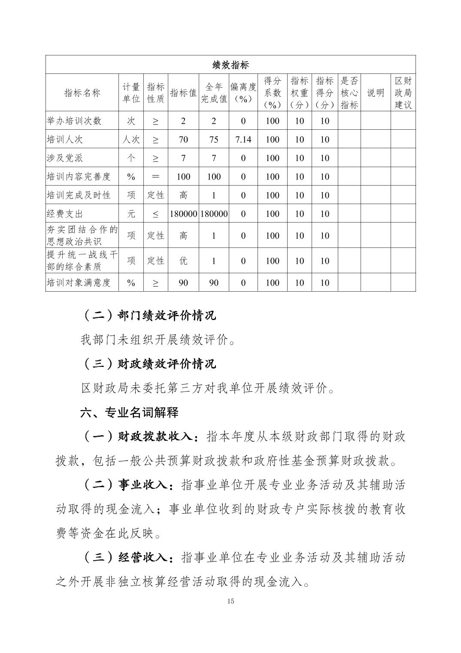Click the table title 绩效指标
click(x=230, y=65)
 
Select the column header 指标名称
click(x=82, y=93)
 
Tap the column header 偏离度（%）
click(x=243, y=93)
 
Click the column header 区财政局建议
click(x=403, y=93)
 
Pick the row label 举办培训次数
click(x=74, y=121)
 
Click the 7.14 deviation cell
click(x=243, y=140)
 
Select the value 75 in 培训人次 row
click(x=214, y=140)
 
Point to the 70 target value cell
click(x=183, y=140)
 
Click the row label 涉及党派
click(x=65, y=158)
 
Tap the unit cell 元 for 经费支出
click(x=131, y=214)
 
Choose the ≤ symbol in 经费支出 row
click(x=155, y=214)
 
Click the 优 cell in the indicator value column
click(x=183, y=261)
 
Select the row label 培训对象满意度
click(x=79, y=283)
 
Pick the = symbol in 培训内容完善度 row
click(x=155, y=177)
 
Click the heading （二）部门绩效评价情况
click(x=149, y=316)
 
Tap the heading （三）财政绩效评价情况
click(x=149, y=364)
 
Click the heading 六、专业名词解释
click(x=129, y=413)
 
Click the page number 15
click(x=230, y=601)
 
